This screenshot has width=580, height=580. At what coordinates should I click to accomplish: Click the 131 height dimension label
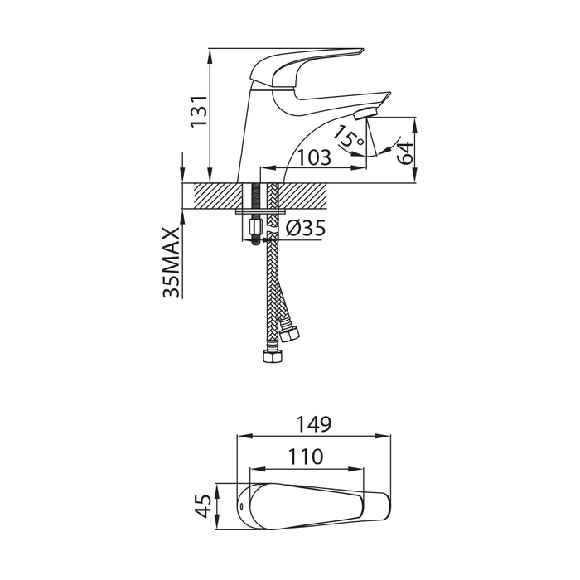[199, 111]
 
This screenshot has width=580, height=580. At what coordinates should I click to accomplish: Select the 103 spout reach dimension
[314, 158]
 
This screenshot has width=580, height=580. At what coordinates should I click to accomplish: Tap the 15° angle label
[348, 136]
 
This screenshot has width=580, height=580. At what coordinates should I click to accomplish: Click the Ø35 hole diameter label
[306, 228]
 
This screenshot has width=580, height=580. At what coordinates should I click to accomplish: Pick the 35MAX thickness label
[172, 263]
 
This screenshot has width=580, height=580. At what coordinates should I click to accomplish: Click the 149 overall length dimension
[314, 424]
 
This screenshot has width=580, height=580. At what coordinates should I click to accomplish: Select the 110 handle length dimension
[306, 457]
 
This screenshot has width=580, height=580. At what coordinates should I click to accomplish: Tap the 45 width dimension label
[203, 506]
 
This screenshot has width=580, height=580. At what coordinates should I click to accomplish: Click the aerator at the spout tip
[365, 114]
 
